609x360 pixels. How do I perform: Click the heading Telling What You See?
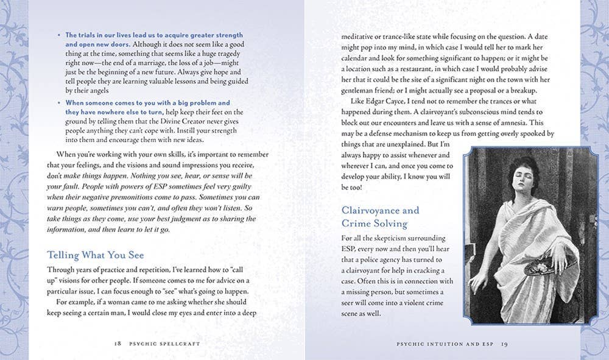[x=96, y=255]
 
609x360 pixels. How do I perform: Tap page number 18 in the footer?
[x=118, y=343]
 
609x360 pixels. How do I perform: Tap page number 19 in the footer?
[x=504, y=343]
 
